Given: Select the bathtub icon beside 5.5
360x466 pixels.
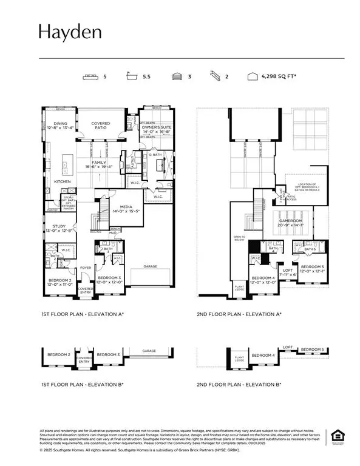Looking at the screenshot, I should point(132,77).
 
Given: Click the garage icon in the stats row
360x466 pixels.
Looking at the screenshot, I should point(177,77).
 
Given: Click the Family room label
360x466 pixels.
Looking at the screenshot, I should point(100,163).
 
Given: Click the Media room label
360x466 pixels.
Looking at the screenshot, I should point(130,208).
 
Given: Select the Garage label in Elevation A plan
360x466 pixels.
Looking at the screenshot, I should point(150,265).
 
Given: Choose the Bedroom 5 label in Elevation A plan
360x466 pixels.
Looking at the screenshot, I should point(311,267).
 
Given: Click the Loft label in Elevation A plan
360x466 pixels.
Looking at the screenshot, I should point(288,271).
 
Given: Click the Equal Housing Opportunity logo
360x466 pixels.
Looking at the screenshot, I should point(335,436).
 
